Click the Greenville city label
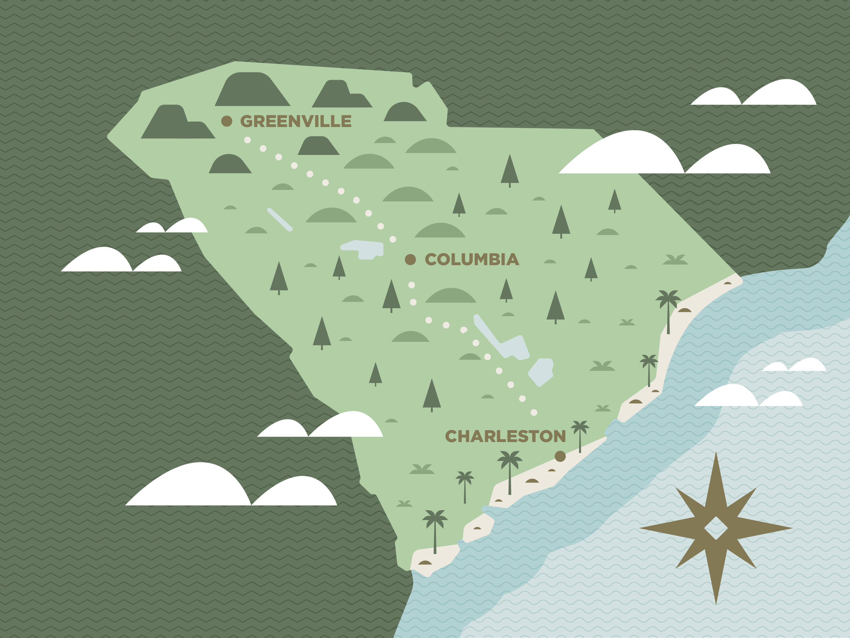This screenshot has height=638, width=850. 295,121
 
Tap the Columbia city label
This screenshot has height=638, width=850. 472,260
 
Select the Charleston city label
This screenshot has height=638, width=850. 505,436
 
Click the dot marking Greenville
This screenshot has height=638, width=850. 227,121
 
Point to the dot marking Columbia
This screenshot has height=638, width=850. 410,260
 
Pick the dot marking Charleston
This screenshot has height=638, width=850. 560,456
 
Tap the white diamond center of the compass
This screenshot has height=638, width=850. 716,529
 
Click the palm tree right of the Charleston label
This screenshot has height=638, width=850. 580,434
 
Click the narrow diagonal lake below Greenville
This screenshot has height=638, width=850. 280,220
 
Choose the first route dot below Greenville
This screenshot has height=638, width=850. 247,140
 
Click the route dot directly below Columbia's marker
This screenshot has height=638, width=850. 411,285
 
